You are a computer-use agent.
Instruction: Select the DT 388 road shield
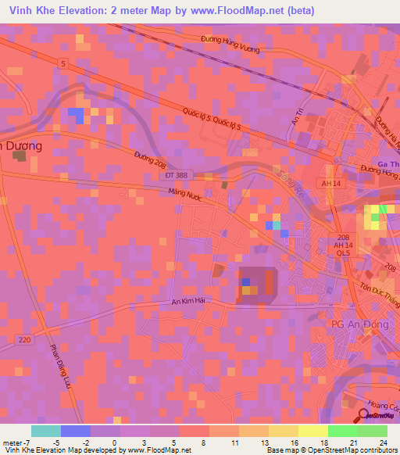177,175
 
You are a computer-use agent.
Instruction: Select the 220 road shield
25,339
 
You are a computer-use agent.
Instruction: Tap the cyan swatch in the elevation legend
45,431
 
